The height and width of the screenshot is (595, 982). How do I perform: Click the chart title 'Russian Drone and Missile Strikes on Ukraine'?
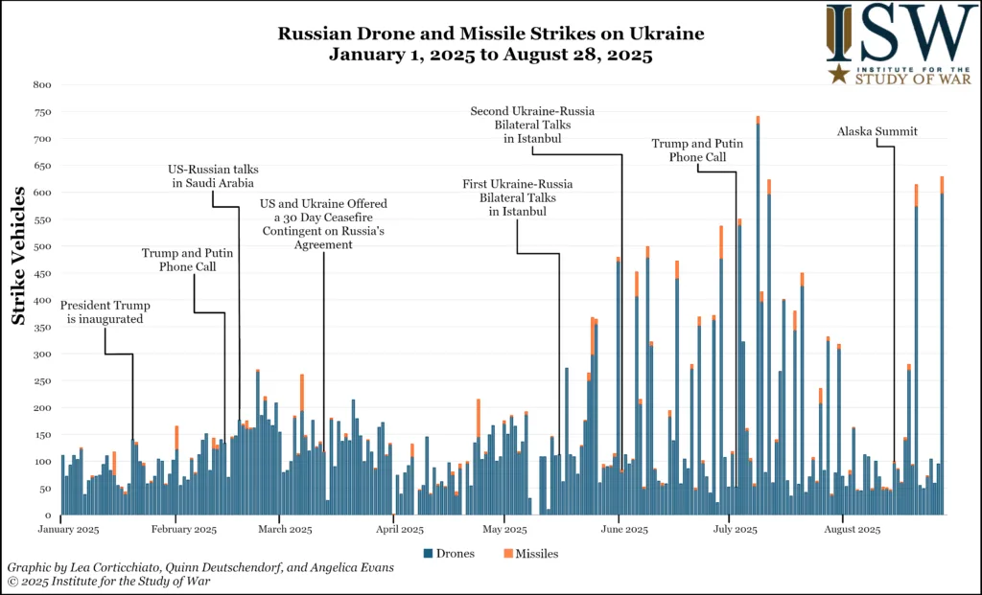click(490, 34)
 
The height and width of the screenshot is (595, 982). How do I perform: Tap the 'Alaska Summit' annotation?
click(877, 132)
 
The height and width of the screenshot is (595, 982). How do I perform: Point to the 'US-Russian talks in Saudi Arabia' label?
click(213, 177)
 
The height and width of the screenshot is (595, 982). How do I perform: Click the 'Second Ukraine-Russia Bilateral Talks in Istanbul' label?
click(532, 126)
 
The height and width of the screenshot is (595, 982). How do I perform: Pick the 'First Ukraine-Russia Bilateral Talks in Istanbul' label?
click(517, 197)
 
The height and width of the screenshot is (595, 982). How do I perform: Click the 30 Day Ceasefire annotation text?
click(323, 224)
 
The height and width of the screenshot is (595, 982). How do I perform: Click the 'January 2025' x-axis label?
click(67, 529)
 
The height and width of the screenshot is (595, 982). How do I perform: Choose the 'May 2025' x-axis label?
click(505, 529)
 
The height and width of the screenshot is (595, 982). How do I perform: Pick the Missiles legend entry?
click(530, 554)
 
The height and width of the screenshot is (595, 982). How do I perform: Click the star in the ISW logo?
click(838, 74)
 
